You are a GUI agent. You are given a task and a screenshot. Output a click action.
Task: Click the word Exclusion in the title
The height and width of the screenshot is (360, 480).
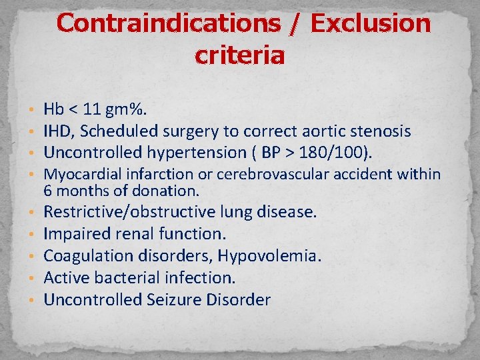point(371,24)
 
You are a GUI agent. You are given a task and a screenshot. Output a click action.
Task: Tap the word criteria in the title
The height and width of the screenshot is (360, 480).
point(240,55)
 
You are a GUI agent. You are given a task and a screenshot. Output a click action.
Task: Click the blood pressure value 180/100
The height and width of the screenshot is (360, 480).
point(331,153)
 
